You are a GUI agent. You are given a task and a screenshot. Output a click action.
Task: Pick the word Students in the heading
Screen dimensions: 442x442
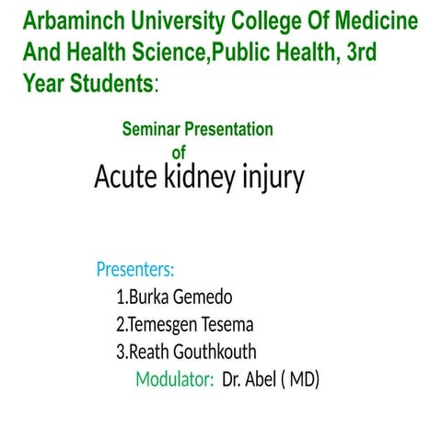(x=108, y=84)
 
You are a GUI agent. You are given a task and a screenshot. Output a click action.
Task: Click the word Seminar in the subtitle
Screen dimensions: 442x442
(x=153, y=130)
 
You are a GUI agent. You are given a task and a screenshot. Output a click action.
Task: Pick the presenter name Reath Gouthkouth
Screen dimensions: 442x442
(x=186, y=353)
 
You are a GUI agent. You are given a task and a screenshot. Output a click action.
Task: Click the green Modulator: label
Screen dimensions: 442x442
(x=175, y=379)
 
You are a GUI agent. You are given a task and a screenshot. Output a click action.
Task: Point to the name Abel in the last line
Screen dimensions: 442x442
(x=264, y=379)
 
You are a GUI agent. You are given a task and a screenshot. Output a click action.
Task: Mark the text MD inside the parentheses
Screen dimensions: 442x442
(x=301, y=379)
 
